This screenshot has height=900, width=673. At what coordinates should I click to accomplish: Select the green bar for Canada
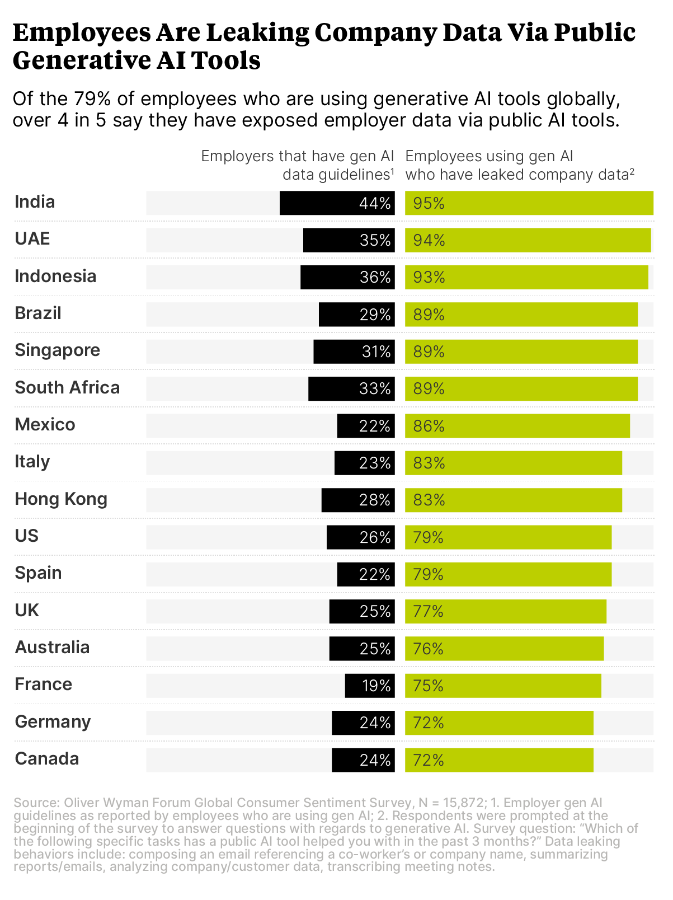(x=499, y=760)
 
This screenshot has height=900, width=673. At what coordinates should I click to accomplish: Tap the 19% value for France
(x=376, y=686)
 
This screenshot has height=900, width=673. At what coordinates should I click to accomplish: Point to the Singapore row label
(x=57, y=350)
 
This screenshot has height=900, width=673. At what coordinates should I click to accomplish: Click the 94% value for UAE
(x=429, y=240)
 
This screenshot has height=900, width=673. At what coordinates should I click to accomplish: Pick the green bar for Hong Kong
(x=514, y=500)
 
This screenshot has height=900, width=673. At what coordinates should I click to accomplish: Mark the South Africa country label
(x=67, y=387)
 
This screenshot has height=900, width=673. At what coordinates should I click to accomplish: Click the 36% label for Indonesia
(x=375, y=277)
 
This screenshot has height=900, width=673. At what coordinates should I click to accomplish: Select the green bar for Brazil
(x=521, y=315)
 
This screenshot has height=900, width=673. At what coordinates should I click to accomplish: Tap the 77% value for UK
(x=428, y=611)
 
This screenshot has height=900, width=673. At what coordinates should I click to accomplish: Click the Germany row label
(x=53, y=721)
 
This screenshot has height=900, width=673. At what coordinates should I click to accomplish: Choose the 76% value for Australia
(x=428, y=649)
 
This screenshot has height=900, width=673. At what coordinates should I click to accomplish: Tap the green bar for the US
(x=508, y=537)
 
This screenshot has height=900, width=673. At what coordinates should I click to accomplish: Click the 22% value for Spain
(x=374, y=574)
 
